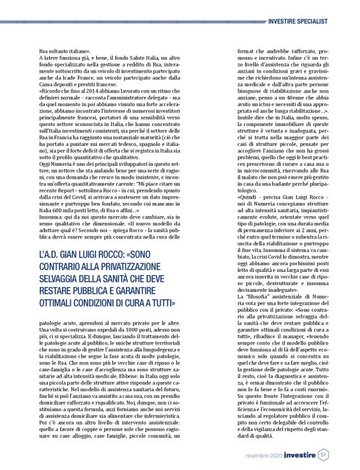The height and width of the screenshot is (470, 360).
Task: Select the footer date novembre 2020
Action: [258, 455]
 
